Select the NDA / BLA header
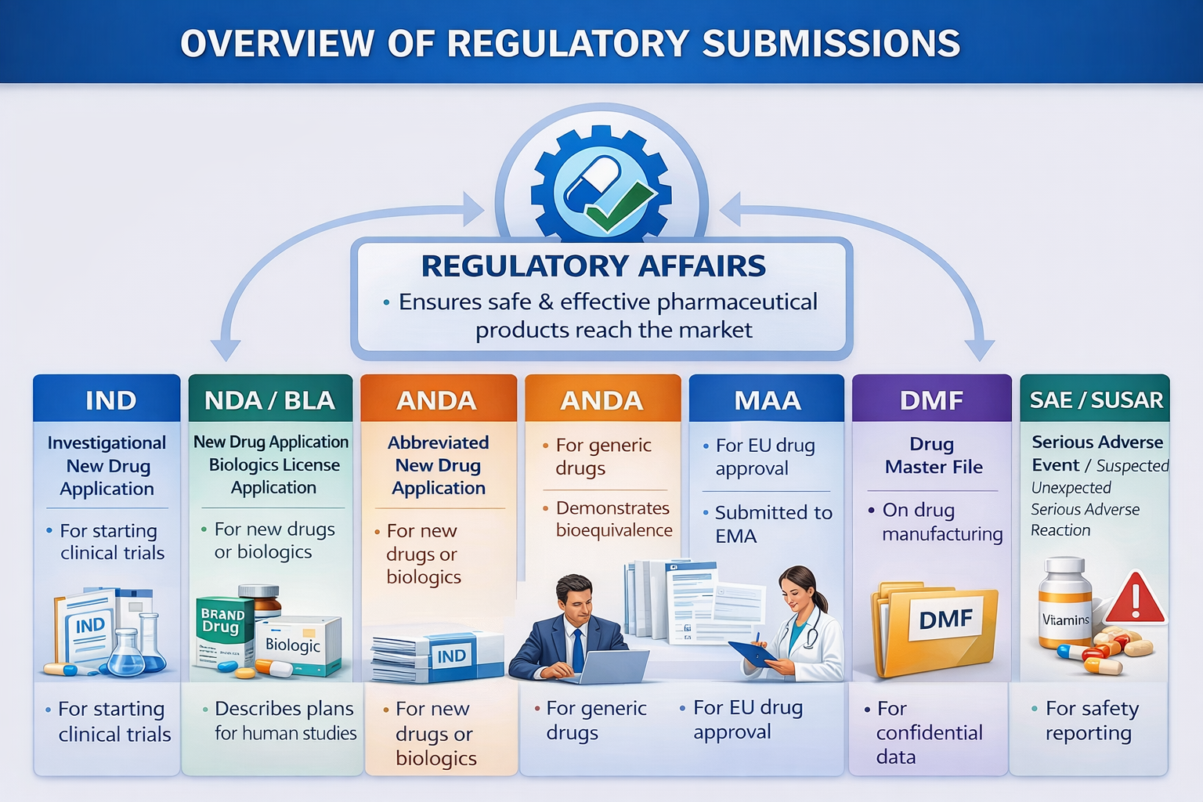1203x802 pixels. [269, 400]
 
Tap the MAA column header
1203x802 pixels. [767, 400]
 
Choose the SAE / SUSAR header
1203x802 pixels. [1095, 400]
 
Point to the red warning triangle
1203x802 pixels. [1136, 599]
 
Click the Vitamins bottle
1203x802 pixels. [1064, 607]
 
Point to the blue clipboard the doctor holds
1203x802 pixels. [750, 653]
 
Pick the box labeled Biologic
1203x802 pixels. [298, 646]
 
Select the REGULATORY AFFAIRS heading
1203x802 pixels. [593, 266]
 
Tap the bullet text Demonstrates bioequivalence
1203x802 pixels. [613, 519]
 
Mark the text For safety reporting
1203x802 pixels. [1091, 721]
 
